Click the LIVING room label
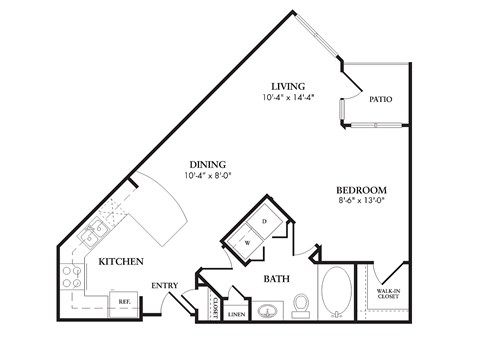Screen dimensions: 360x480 pyautogui.click(x=288, y=86)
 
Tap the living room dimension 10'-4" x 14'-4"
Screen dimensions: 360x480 pyautogui.click(x=288, y=98)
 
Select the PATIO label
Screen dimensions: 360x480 pyautogui.click(x=379, y=99)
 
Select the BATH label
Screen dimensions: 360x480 pyautogui.click(x=277, y=280)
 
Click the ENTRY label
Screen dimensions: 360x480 pyautogui.click(x=165, y=286)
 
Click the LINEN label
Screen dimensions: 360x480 pyautogui.click(x=237, y=315)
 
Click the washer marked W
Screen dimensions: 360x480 pyautogui.click(x=246, y=241)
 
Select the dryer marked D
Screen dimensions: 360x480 pyautogui.click(x=264, y=221)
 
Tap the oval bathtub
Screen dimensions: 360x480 pyautogui.click(x=336, y=291)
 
